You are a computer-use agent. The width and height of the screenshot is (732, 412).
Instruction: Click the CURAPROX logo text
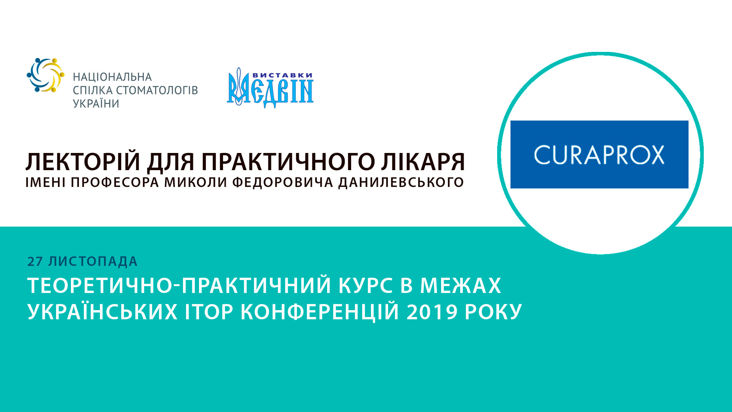(599, 155)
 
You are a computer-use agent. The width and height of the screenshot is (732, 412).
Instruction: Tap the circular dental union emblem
(45, 75)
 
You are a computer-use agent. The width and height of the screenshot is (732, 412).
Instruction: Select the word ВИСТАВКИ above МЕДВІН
(283, 75)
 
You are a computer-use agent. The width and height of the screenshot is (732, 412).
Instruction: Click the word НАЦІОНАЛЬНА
(112, 77)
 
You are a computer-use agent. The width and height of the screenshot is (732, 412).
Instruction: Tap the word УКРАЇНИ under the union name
(96, 104)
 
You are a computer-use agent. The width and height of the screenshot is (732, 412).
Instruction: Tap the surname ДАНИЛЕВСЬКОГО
(401, 182)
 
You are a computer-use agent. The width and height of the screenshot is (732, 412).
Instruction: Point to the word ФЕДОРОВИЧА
(283, 182)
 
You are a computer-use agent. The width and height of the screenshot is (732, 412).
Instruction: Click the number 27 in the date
(35, 262)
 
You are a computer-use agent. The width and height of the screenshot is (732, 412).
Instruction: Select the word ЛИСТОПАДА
(93, 262)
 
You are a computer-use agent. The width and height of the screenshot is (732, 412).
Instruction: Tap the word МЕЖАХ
(461, 286)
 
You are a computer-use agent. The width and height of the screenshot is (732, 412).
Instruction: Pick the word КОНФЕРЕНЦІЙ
(320, 312)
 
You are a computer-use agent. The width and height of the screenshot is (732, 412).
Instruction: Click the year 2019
(432, 312)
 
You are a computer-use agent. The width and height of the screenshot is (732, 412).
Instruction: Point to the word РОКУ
(493, 312)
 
